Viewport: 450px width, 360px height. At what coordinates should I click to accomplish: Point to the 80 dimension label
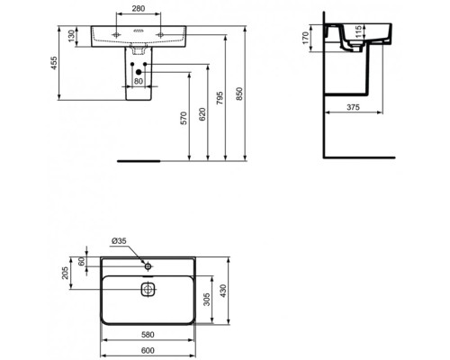tap(138, 81)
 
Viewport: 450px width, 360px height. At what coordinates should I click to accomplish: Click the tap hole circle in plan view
tap(148, 265)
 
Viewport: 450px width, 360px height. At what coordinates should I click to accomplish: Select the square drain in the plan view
tap(148, 290)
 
